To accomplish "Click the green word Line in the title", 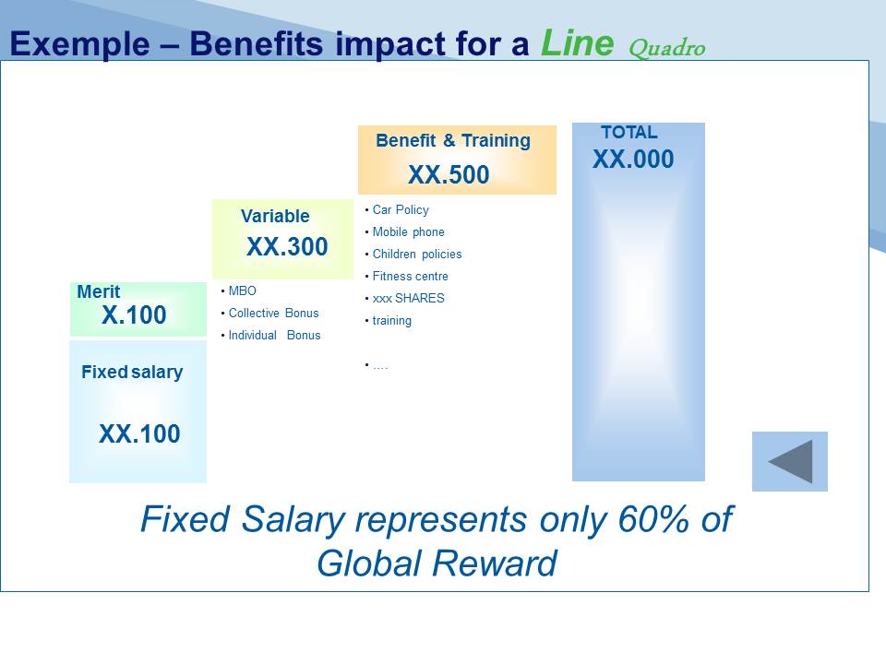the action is (x=577, y=42).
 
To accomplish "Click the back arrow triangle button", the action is (x=791, y=461).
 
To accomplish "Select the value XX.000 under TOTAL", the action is (x=633, y=160).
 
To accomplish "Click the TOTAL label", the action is (x=629, y=132).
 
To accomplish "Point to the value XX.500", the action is (x=449, y=174).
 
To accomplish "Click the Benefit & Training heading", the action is (x=453, y=140).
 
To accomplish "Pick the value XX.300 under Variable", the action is (x=287, y=246).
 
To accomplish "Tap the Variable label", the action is (x=275, y=216).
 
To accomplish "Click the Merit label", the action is (x=99, y=291).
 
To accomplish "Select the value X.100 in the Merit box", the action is (x=134, y=314).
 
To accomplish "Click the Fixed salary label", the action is (x=132, y=372).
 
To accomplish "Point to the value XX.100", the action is (x=139, y=433).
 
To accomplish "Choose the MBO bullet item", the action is (x=242, y=290).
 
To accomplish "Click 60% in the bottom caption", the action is (x=653, y=518).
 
